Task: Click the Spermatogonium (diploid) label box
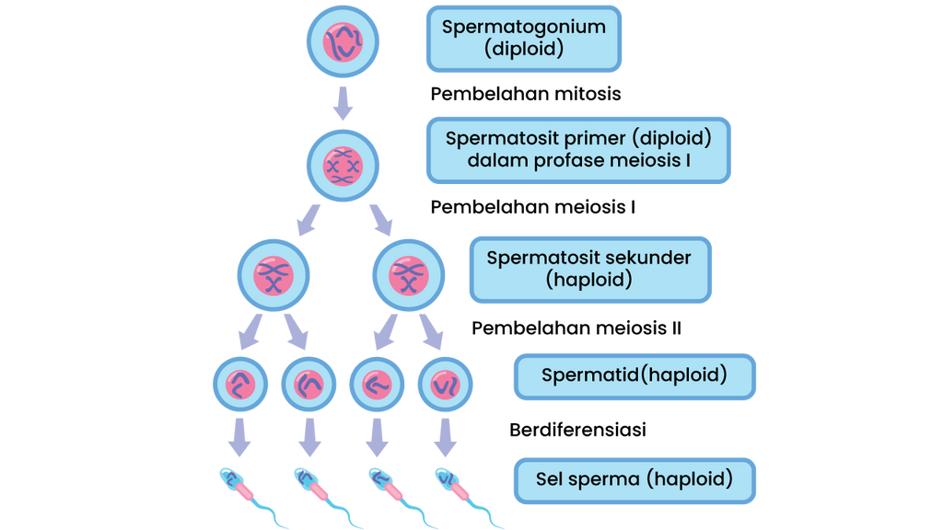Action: tap(524, 39)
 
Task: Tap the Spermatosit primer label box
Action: tap(578, 150)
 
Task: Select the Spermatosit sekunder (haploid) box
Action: tap(590, 270)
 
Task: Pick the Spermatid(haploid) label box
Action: tap(634, 376)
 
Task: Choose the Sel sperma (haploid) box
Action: tap(634, 480)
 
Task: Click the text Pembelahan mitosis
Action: tap(526, 95)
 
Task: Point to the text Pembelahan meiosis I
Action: tap(533, 207)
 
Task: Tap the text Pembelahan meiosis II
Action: tap(576, 328)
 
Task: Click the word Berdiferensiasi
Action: tap(577, 430)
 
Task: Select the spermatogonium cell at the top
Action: tap(343, 42)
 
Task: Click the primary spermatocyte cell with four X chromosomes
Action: tap(343, 166)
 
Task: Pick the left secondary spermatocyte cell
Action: tap(274, 275)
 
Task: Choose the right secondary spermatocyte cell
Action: tap(409, 275)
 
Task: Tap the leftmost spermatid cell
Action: tap(240, 384)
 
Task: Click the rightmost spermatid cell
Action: tap(445, 384)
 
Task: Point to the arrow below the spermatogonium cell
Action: tap(343, 103)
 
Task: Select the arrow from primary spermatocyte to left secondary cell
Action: tap(309, 220)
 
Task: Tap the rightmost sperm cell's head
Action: tap(447, 478)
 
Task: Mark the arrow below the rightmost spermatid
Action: tap(445, 437)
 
